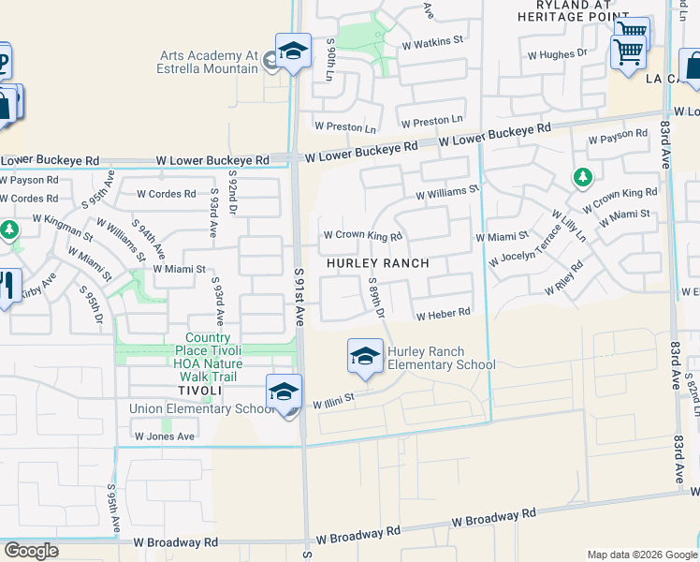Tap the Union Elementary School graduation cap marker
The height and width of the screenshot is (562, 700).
tap(284, 392)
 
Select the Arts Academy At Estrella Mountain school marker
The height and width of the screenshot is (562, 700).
tap(293, 51)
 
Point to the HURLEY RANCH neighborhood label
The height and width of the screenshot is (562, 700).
tap(378, 263)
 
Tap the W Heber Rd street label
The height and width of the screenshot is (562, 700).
tap(443, 315)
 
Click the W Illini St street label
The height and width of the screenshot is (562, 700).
tap(334, 401)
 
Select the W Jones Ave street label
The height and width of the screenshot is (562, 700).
tap(164, 436)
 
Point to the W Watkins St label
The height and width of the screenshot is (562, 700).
tap(433, 42)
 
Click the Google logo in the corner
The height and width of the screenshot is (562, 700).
tap(32, 551)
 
